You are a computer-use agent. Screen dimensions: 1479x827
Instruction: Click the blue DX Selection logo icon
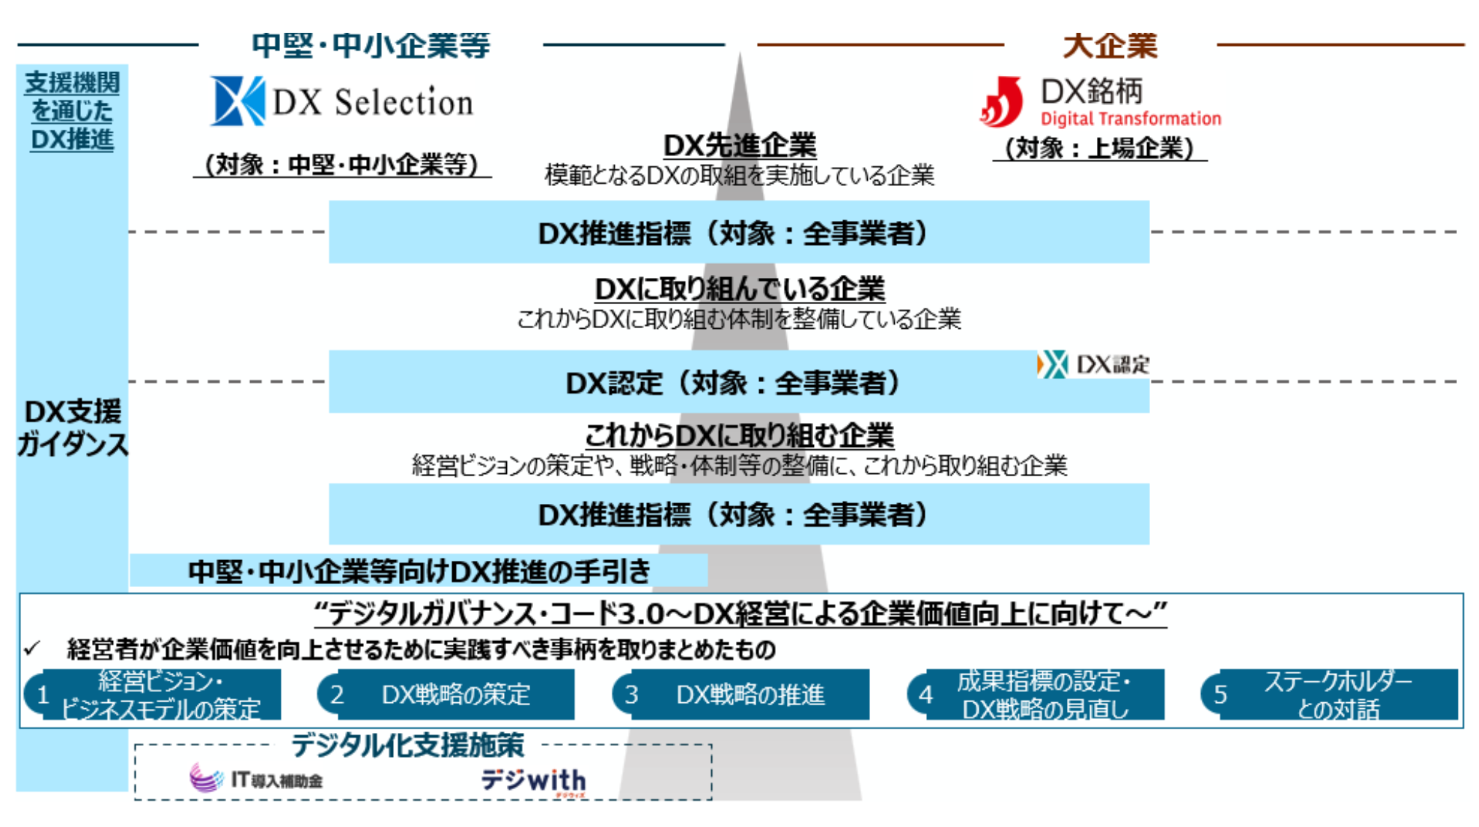[237, 101]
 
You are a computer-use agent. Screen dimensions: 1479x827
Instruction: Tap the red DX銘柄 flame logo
[1001, 102]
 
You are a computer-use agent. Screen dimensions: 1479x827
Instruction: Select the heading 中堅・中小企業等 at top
[371, 45]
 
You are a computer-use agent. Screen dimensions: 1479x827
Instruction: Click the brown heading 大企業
[1110, 45]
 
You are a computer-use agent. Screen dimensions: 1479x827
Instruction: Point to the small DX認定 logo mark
[1052, 364]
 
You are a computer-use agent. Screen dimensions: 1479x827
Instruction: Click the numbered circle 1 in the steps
[42, 694]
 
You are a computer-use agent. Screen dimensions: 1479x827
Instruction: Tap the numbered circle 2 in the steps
[336, 694]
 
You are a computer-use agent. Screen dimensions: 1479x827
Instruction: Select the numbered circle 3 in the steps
[631, 694]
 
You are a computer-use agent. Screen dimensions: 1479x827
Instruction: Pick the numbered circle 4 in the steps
[925, 694]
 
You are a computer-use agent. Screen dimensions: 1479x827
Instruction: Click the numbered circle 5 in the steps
[1219, 694]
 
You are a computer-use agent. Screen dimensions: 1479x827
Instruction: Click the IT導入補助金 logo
[255, 778]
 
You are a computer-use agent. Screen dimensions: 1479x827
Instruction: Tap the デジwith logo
[533, 781]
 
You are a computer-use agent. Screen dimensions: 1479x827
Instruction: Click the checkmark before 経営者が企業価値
[32, 648]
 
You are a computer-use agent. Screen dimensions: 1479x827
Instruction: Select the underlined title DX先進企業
[739, 145]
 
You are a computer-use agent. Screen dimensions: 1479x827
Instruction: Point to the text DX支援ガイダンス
[72, 428]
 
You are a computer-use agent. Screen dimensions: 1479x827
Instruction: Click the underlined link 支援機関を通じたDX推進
[72, 111]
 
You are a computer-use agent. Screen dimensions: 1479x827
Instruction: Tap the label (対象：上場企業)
[1100, 148]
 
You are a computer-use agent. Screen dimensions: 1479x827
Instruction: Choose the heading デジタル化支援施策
[408, 745]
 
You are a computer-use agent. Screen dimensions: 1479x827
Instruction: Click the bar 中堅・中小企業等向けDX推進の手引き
[419, 571]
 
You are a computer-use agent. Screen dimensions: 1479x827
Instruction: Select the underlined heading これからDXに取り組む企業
[739, 435]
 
